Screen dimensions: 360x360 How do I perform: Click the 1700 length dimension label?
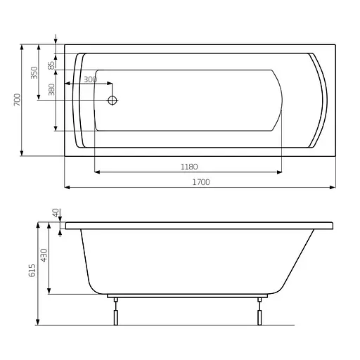click(x=201, y=182)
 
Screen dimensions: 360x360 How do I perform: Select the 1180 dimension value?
click(x=189, y=167)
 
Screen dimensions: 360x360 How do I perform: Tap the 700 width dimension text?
click(x=18, y=100)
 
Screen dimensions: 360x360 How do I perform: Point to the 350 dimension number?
click(x=34, y=72)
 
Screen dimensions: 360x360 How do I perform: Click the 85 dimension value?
click(x=51, y=65)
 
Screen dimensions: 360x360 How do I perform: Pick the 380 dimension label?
click(x=51, y=89)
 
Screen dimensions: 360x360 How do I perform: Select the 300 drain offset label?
click(x=91, y=79)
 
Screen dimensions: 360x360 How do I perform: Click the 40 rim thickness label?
click(x=56, y=213)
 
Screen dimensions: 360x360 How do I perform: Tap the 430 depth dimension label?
click(x=44, y=255)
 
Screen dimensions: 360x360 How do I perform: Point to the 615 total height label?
click(x=32, y=271)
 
